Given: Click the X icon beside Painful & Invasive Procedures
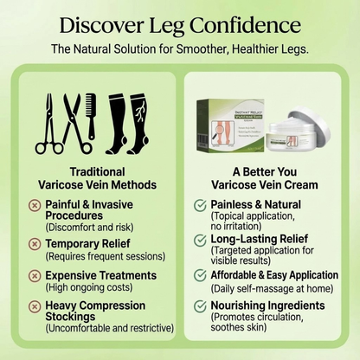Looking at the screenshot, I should [x=34, y=205].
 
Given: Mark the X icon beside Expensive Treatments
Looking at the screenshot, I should [x=34, y=275].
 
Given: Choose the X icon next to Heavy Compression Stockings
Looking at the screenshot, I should [x=34, y=307].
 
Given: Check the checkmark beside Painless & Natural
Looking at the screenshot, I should [x=202, y=205].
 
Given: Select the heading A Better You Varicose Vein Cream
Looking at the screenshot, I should [x=265, y=179].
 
